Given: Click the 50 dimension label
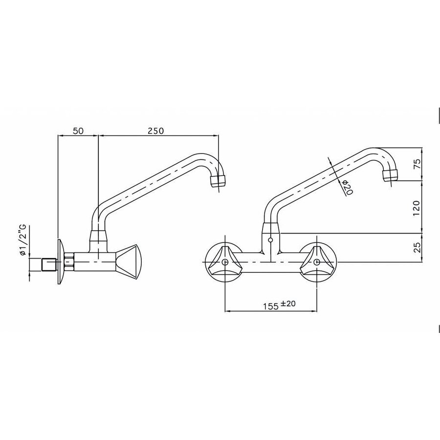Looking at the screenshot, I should point(78,131).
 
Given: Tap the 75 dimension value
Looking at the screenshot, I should point(416,164).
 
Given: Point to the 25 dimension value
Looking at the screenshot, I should point(416,248).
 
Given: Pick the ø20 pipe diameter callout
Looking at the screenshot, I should point(348,188).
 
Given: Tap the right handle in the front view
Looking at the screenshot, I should point(317,263).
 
